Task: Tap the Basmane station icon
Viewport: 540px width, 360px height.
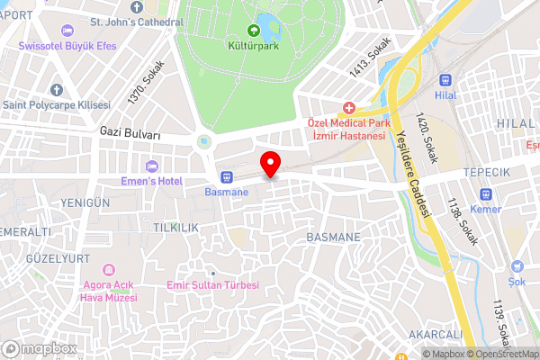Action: pyautogui.click(x=226, y=176)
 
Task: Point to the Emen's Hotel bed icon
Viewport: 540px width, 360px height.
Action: pyautogui.click(x=151, y=166)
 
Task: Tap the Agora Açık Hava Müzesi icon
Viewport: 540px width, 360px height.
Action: pyautogui.click(x=109, y=270)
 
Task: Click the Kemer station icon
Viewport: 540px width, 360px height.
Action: pyautogui.click(x=486, y=193)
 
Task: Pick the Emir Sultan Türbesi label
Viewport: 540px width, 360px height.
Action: pyautogui.click(x=213, y=285)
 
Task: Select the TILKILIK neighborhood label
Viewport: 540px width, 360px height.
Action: pyautogui.click(x=175, y=229)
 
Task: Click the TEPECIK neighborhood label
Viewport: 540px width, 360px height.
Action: pyautogui.click(x=486, y=172)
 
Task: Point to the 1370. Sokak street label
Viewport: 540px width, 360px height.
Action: pyautogui.click(x=147, y=81)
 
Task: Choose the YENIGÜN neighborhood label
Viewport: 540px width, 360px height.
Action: pyautogui.click(x=85, y=203)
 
